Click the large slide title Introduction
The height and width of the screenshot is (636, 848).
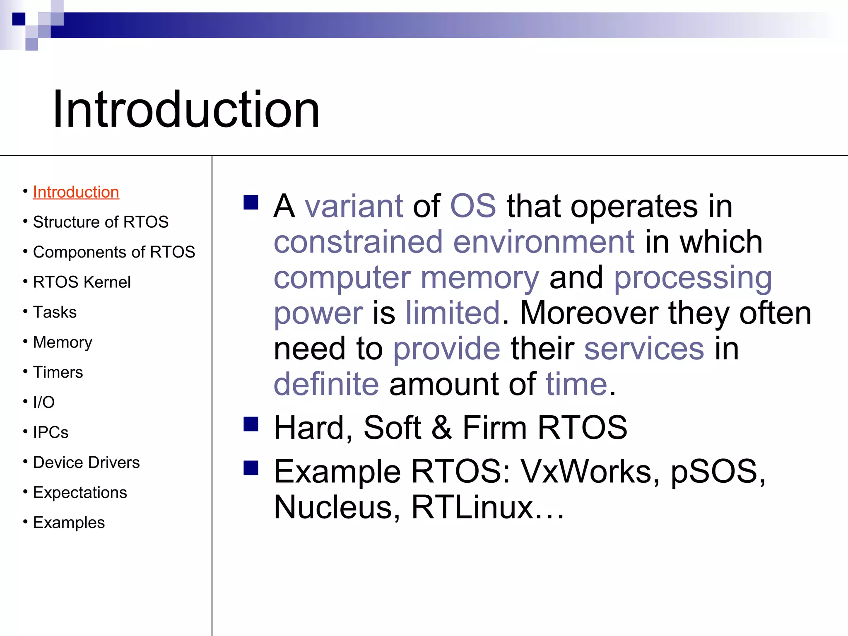click(186, 110)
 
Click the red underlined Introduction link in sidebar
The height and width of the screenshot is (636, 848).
click(76, 192)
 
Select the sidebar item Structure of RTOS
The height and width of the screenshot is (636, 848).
click(101, 222)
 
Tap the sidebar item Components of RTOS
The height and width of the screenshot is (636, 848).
click(114, 252)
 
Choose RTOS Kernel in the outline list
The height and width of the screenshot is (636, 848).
click(82, 282)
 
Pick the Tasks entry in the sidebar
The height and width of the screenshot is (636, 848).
click(55, 312)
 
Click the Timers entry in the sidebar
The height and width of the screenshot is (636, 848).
click(58, 372)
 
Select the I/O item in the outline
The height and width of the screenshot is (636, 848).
click(43, 402)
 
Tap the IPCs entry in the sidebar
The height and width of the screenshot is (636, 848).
click(51, 432)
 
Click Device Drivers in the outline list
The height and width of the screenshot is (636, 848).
click(86, 463)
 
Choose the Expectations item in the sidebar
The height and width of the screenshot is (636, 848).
click(80, 493)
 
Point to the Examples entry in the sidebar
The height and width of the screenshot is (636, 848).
click(69, 523)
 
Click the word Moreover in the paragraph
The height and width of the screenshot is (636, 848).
click(588, 313)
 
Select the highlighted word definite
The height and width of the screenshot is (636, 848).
click(326, 384)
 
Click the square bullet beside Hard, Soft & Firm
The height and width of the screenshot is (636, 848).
click(251, 424)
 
